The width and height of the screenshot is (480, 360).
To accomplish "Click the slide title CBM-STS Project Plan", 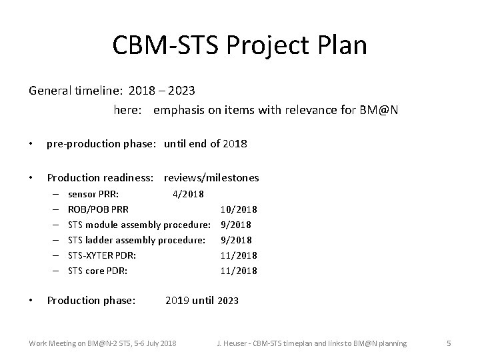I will pos(239,45).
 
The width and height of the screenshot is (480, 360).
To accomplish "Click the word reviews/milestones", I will pos(211,177).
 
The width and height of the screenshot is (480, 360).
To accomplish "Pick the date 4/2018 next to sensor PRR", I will pos(189,193).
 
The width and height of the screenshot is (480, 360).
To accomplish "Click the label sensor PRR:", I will pos(94,193).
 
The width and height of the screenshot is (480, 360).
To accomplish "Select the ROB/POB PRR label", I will pos(99,209).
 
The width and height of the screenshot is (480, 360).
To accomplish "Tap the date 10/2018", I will pos(239,209).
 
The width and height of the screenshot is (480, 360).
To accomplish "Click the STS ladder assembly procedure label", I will pos(137,240).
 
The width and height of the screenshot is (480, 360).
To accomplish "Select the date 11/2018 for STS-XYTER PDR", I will pos(239,255).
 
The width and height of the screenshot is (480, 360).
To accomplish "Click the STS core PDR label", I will pos(98,271).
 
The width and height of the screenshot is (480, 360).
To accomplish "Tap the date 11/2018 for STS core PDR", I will pos(239,271).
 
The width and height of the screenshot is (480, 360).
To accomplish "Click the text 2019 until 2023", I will pos(201,301).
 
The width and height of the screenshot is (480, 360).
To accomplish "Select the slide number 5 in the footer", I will pos(449,343).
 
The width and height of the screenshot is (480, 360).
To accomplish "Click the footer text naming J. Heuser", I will pos(311,343).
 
